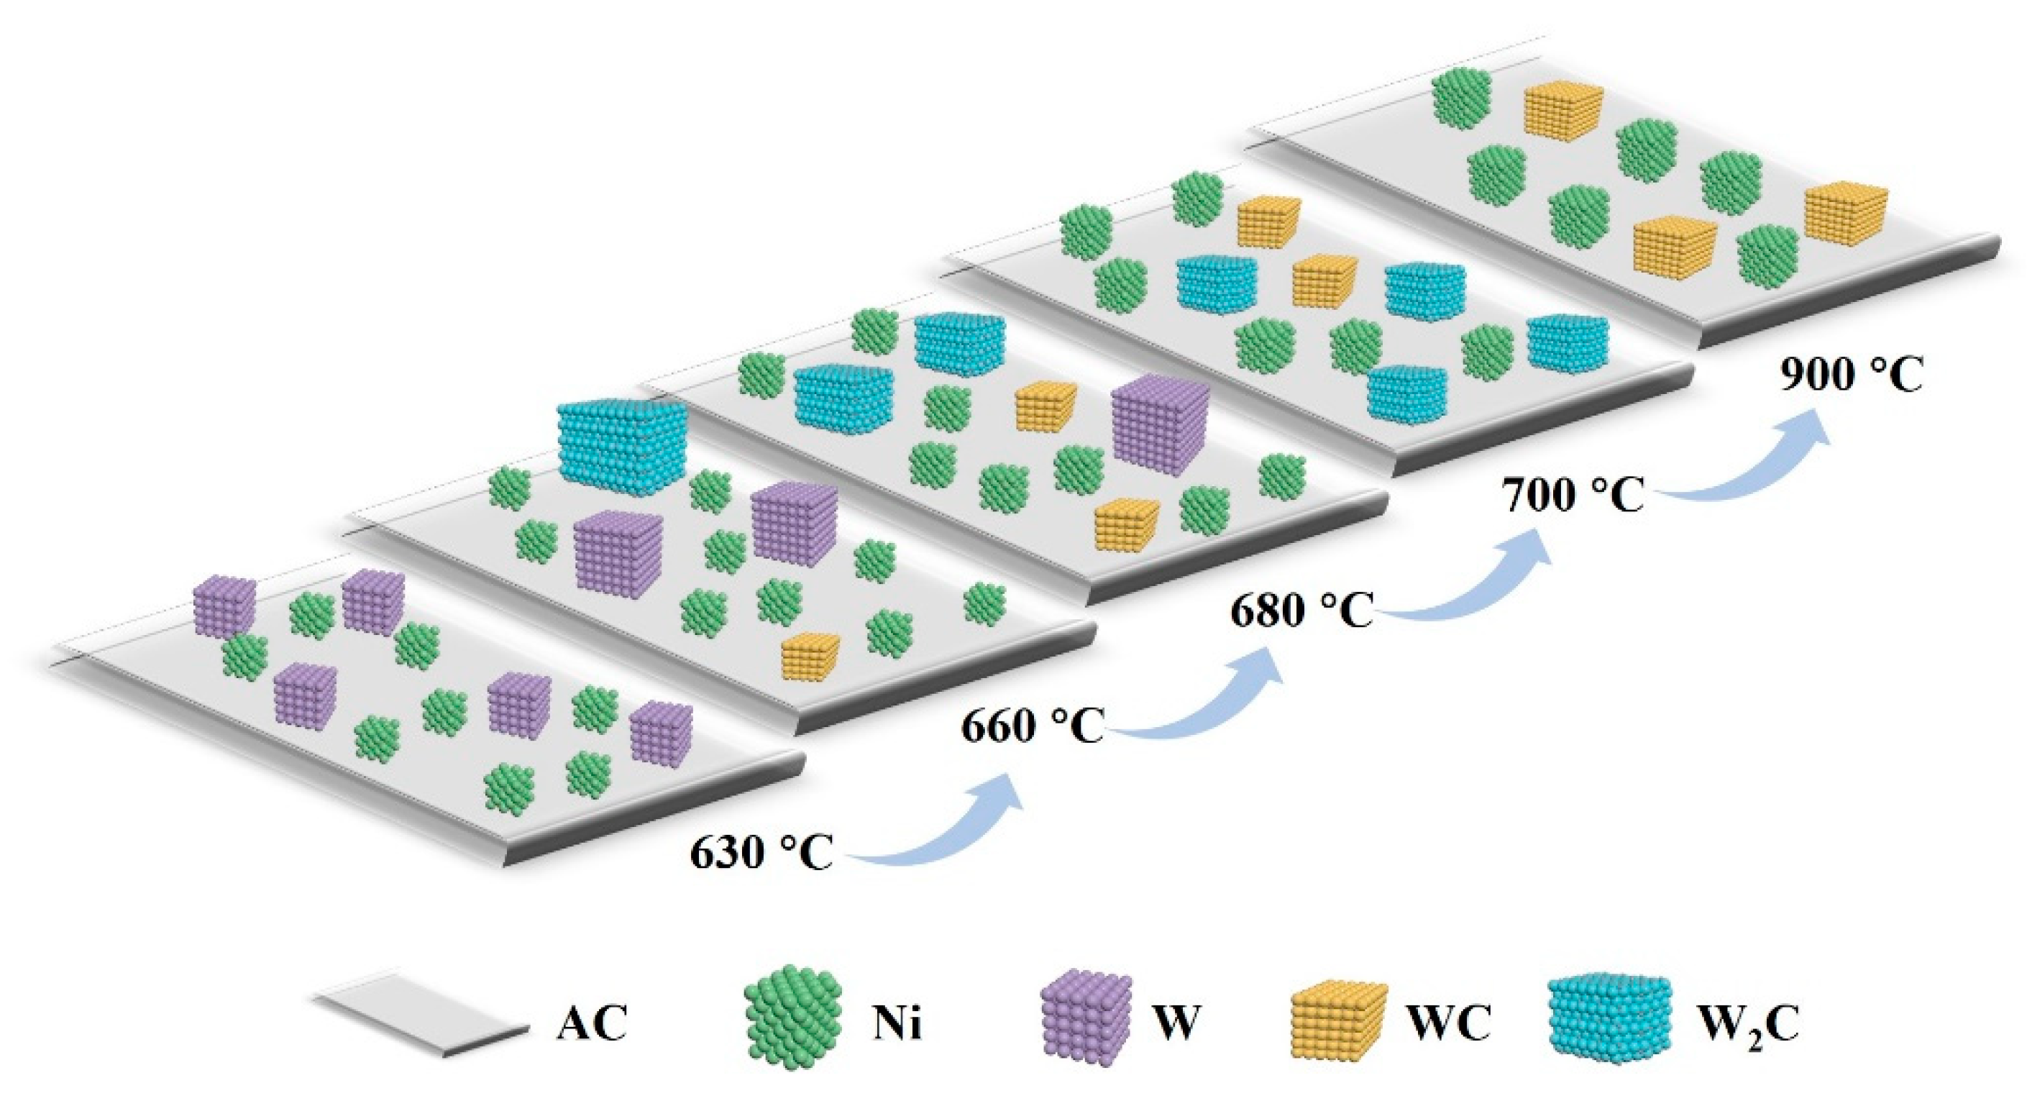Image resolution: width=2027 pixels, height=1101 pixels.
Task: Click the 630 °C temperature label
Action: pyautogui.click(x=761, y=852)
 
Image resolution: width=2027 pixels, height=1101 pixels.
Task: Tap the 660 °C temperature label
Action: pyautogui.click(x=1032, y=726)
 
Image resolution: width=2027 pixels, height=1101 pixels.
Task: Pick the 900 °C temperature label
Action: pyautogui.click(x=1852, y=375)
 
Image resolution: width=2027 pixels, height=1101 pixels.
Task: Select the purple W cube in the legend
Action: pyautogui.click(x=1086, y=1020)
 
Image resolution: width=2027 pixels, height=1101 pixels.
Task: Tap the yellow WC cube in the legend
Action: pyautogui.click(x=1338, y=1020)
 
